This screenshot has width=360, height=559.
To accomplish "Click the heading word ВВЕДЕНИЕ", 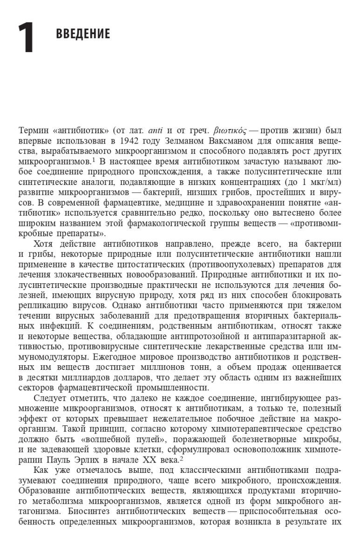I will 83,34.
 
